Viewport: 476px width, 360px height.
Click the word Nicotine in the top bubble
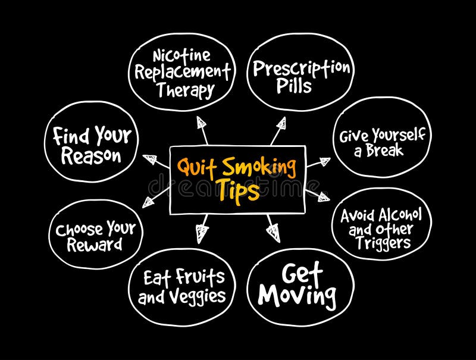click(181, 57)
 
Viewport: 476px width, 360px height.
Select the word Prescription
click(300, 68)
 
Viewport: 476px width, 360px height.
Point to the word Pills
click(293, 86)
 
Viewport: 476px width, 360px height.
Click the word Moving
click(297, 295)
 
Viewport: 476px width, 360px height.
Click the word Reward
click(95, 245)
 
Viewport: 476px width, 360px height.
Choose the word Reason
click(91, 156)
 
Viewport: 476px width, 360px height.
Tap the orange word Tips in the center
click(237, 192)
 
